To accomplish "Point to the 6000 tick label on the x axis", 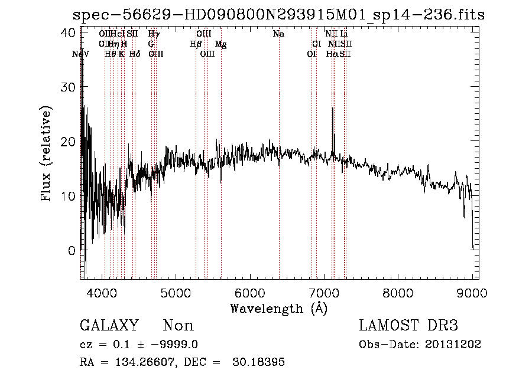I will [250, 293].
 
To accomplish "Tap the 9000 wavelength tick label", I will [472, 293].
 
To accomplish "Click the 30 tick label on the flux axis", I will [69, 87].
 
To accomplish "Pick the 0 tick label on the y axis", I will [72, 251].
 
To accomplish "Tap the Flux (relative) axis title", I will [47, 155].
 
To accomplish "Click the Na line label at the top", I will [278, 34].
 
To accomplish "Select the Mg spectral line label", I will [220, 44].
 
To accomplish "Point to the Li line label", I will [343, 34].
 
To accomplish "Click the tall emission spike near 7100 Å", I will [332, 109].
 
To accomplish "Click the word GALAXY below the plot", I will [109, 326].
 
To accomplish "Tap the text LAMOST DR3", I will [408, 326].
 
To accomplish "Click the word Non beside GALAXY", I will [178, 326].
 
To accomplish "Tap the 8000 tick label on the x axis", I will [398, 293].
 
